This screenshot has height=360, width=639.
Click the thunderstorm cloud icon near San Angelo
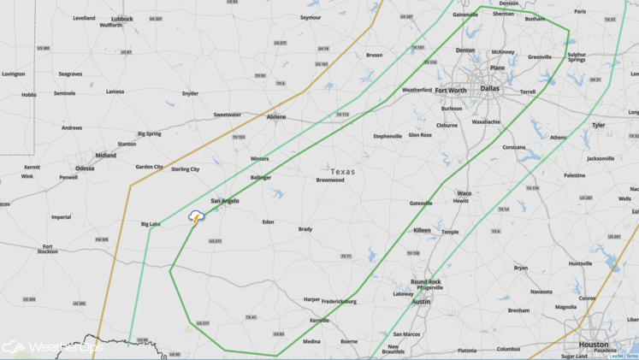click(197, 217)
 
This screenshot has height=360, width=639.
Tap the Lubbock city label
click(121, 18)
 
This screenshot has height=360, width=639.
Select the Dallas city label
click(489, 88)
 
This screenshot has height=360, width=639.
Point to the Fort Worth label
click(451, 90)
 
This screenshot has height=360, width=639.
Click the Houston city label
click(593, 344)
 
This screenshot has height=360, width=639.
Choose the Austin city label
click(421, 301)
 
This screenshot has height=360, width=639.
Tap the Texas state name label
click(342, 172)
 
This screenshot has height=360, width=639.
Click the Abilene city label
click(275, 116)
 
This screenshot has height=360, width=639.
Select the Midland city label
click(105, 156)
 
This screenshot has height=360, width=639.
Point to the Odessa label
click(85, 168)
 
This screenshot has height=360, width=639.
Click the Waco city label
click(464, 193)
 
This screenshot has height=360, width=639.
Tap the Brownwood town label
click(330, 180)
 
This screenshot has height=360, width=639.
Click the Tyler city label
click(598, 125)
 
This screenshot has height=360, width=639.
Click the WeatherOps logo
click(51, 347)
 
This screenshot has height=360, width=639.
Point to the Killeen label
click(422, 230)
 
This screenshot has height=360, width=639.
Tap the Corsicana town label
click(513, 147)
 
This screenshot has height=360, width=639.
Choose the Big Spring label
click(149, 133)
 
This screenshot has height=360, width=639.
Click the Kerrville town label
click(319, 321)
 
